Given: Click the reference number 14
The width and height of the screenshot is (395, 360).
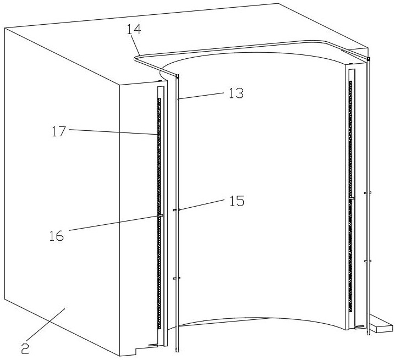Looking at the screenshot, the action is (x=134, y=29).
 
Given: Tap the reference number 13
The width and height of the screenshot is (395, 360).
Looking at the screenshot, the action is (x=236, y=93).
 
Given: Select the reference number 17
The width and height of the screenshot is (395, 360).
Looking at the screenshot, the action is (x=59, y=131).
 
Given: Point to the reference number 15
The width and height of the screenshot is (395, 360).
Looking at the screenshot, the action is (x=237, y=201).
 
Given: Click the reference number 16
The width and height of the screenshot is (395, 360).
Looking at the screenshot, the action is (x=57, y=236).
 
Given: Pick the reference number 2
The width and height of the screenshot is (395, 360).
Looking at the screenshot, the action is (x=25, y=348).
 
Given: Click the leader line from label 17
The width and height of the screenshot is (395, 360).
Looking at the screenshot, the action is (x=114, y=132).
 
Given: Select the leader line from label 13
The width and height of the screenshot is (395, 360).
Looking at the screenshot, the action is (x=200, y=96).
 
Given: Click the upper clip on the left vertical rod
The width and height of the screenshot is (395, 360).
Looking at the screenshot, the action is (x=177, y=210).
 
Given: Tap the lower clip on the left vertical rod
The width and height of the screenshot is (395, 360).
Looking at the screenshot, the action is (x=177, y=278).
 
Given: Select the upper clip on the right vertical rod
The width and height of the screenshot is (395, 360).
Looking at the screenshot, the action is (x=368, y=193).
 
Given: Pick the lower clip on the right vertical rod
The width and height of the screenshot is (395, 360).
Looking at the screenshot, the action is (x=368, y=261).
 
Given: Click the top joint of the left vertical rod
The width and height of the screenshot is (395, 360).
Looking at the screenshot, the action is (x=177, y=76).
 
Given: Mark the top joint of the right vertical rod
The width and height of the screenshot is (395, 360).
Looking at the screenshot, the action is (x=369, y=59).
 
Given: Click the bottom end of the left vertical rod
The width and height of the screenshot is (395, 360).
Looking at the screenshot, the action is (x=177, y=350).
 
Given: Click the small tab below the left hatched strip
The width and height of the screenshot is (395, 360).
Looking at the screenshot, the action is (x=152, y=345).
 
